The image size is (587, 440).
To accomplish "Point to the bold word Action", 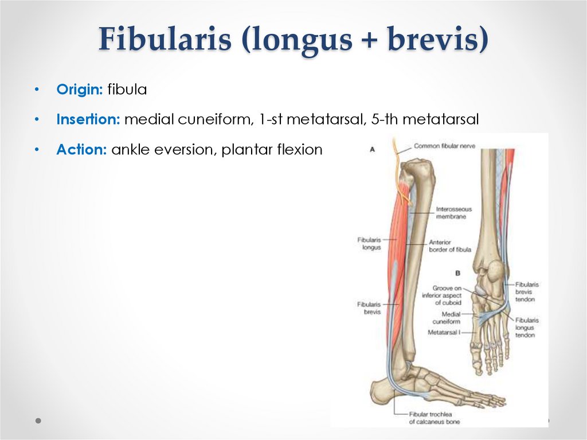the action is tap(81, 150).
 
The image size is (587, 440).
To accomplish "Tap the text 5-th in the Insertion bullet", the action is tap(396, 120).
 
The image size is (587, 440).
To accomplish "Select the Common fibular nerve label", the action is tap(444, 146).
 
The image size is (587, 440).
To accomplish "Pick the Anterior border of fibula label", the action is tap(449, 246).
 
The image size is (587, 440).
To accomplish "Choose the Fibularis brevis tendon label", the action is tap(527, 291).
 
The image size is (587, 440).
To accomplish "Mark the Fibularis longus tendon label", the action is tap(527, 328).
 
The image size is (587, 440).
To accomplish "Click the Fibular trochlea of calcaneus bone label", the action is tap(434, 418).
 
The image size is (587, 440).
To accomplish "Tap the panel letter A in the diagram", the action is tap(372, 149).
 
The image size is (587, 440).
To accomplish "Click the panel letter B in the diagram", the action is tap(457, 273).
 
